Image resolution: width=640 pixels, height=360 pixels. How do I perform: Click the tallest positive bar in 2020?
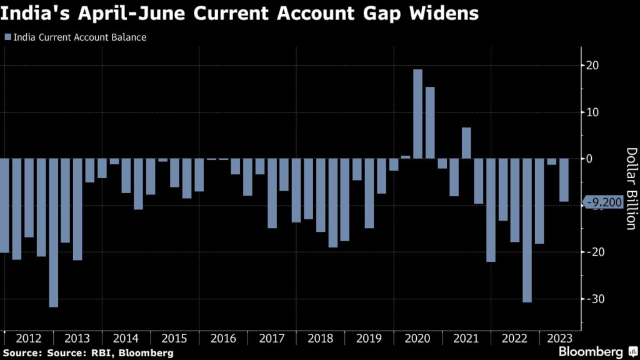pyautogui.click(x=417, y=114)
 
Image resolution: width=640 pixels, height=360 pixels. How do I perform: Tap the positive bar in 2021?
pyautogui.click(x=466, y=142)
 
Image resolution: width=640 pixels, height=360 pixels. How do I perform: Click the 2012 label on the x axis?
pyautogui.click(x=29, y=338)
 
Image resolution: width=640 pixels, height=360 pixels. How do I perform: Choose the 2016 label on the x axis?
pyautogui.click(x=223, y=338)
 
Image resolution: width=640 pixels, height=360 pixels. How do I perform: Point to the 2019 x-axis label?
pyautogui.click(x=369, y=338)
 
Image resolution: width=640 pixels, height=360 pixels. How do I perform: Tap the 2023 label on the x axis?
pyautogui.click(x=557, y=338)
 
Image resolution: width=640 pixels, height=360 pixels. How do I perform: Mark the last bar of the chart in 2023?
pyautogui.click(x=564, y=180)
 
